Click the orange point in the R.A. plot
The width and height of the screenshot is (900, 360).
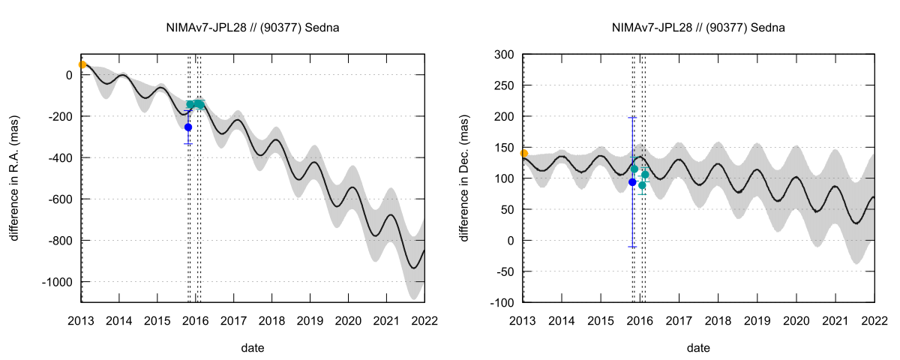point(82,65)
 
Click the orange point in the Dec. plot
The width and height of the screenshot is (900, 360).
point(524,153)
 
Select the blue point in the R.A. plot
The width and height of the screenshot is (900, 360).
point(188,127)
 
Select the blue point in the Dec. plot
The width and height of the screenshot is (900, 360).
point(632,182)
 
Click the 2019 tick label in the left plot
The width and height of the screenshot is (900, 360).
point(310,320)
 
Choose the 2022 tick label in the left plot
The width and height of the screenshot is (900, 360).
point(424,320)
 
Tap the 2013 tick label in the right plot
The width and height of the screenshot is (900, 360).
point(523,320)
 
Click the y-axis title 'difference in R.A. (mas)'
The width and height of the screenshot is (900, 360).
point(15,178)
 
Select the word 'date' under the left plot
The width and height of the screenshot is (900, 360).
point(253,348)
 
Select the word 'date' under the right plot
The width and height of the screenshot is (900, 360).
point(699,348)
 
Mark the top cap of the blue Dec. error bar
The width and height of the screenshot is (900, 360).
point(632,117)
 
